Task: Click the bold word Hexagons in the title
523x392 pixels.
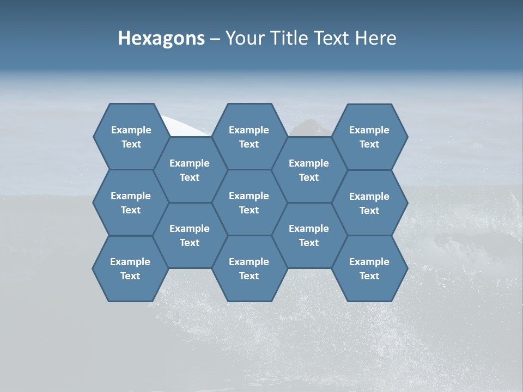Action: pyautogui.click(x=161, y=38)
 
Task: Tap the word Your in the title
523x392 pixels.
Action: pyautogui.click(x=242, y=38)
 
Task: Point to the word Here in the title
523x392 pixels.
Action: pyautogui.click(x=375, y=38)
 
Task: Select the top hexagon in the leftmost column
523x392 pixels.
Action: pyautogui.click(x=131, y=137)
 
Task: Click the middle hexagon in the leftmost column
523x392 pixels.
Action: pyautogui.click(x=131, y=203)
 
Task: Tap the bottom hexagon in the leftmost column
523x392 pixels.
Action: pyautogui.click(x=130, y=268)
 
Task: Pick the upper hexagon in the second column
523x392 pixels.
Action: pyautogui.click(x=190, y=170)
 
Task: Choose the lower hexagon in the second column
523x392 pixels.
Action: pyautogui.click(x=190, y=235)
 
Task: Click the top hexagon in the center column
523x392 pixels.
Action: pyautogui.click(x=249, y=137)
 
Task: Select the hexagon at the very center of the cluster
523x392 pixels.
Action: pyautogui.click(x=249, y=203)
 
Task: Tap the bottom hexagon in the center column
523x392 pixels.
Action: pyautogui.click(x=249, y=268)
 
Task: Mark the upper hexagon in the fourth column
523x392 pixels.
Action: pyautogui.click(x=309, y=170)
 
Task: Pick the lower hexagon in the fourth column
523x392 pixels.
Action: pyautogui.click(x=309, y=235)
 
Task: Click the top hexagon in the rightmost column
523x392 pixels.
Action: pyautogui.click(x=369, y=137)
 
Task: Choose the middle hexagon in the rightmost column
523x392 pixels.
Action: pyautogui.click(x=369, y=203)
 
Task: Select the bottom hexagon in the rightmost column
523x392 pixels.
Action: pyautogui.click(x=369, y=268)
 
